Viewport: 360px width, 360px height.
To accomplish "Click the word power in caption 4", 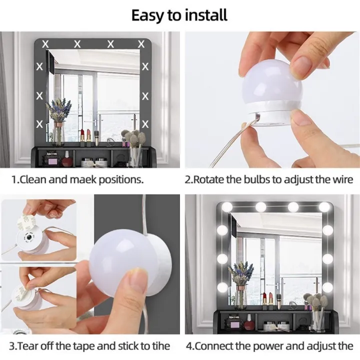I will click(x=272, y=345).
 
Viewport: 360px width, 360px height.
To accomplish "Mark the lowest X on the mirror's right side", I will click(x=145, y=122).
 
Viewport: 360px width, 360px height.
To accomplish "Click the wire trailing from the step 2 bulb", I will click(x=225, y=150).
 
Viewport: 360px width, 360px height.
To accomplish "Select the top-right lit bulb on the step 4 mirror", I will click(x=323, y=206).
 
